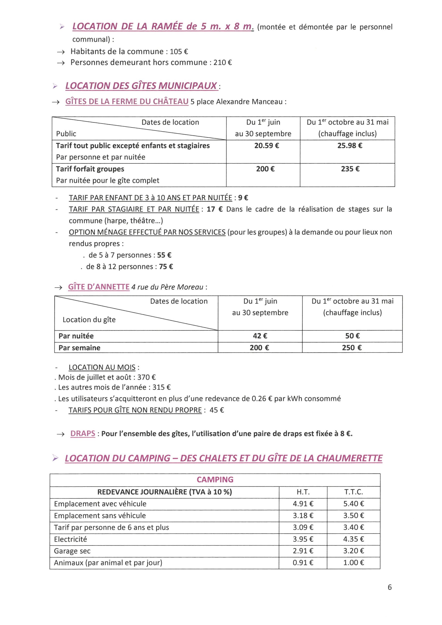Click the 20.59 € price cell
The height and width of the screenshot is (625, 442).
pos(267,146)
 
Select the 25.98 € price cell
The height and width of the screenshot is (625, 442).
pos(350,146)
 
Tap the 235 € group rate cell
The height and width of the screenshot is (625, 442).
pos(350,169)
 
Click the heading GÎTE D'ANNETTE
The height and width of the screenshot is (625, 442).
pos(99,287)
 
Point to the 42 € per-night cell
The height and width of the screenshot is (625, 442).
pos(260,336)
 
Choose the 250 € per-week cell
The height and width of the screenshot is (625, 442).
pos(352,348)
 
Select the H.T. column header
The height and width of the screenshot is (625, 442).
pos(303,492)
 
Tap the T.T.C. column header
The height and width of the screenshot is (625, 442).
pos(354,492)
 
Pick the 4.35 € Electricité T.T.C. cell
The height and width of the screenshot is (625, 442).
pos(354,539)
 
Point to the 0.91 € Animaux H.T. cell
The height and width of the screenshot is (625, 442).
pos(303,563)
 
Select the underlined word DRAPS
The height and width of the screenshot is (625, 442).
pos(83,434)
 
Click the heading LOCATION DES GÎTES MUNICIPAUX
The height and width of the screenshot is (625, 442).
pos(141,86)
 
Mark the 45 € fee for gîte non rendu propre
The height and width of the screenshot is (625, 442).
pos(217,410)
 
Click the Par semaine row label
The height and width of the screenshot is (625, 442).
pos(79,348)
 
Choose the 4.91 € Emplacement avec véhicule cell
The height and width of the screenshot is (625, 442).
pos(303,504)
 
